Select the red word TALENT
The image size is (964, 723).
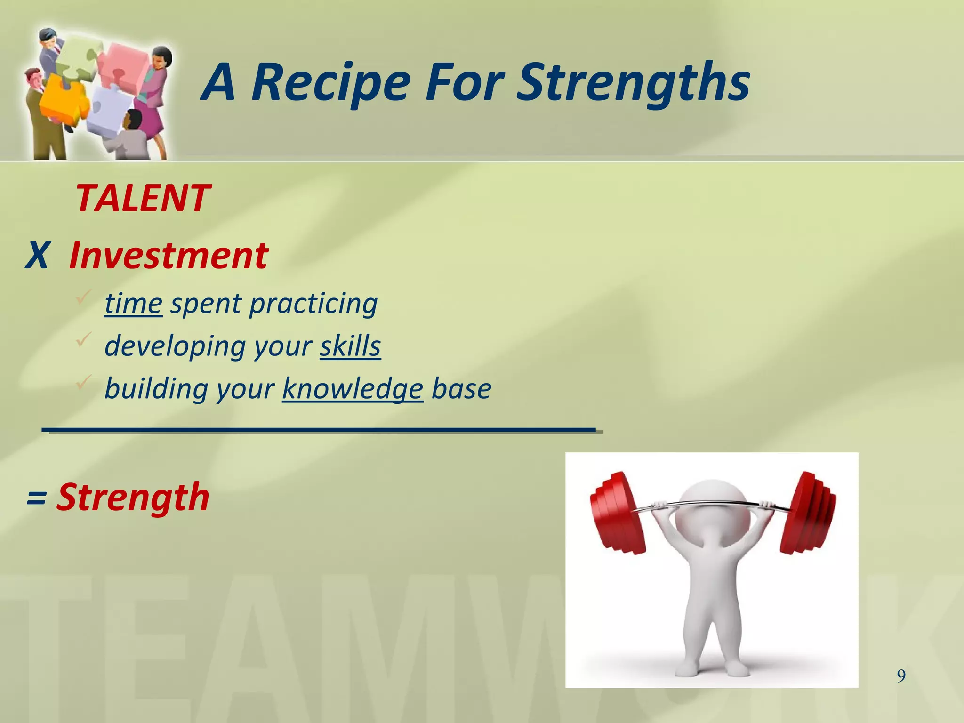[143, 198]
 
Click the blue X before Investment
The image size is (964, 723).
[37, 256]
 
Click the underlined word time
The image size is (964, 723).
[133, 304]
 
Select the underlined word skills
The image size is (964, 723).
[350, 346]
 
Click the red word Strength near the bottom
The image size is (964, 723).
[133, 497]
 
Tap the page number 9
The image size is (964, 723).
[901, 676]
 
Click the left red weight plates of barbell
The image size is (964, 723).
[617, 513]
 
